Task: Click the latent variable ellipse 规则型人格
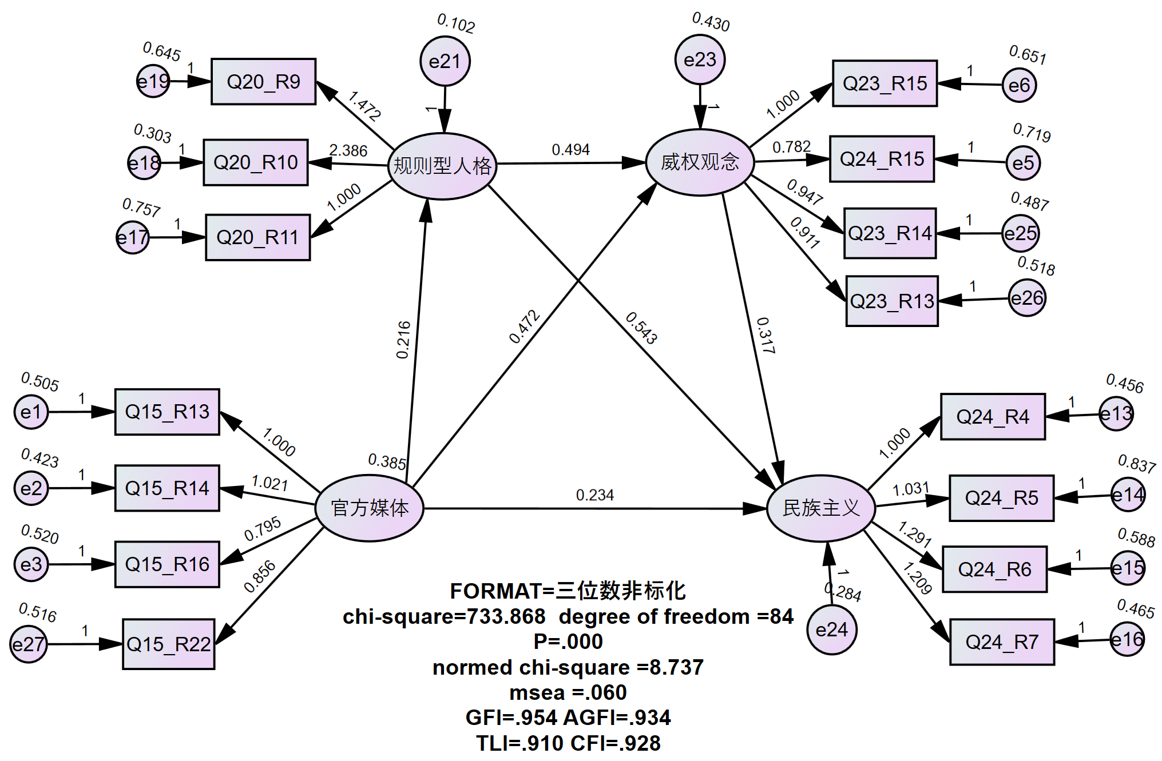click(x=442, y=166)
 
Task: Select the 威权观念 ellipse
click(x=700, y=162)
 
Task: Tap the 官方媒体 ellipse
click(x=370, y=508)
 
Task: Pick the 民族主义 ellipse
click(x=821, y=508)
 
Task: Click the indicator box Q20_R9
click(x=263, y=82)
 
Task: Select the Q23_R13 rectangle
click(x=892, y=301)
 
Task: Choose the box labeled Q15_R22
click(x=169, y=644)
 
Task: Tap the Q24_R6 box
click(x=994, y=569)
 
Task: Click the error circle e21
click(x=445, y=61)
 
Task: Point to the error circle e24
click(x=831, y=629)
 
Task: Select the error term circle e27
click(x=28, y=644)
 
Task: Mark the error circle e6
click(x=1019, y=85)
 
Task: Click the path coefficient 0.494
click(x=570, y=150)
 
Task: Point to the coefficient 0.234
click(x=594, y=495)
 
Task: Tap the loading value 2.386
click(x=348, y=150)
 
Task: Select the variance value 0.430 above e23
click(x=711, y=22)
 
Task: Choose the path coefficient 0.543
click(x=641, y=328)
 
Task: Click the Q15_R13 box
click(x=167, y=412)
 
